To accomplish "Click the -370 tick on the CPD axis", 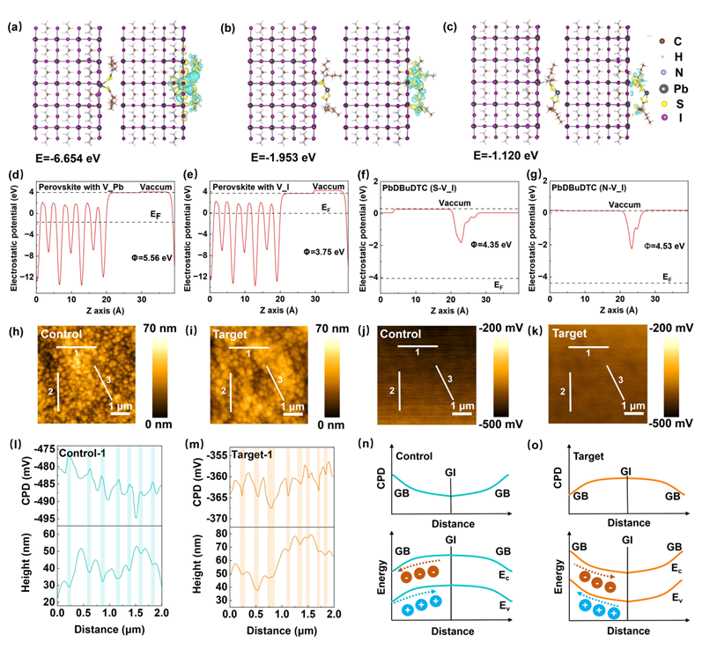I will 212,518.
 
